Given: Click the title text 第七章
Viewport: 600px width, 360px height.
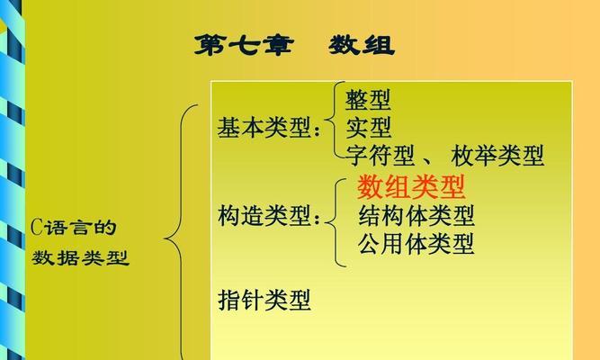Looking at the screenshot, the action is [x=244, y=45].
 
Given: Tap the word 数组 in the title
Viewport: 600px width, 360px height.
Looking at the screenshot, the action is [x=362, y=45].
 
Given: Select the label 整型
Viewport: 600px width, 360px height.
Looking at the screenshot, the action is [x=368, y=100].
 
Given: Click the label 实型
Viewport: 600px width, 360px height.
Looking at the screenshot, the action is [x=369, y=128].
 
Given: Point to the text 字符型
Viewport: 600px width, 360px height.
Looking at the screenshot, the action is [x=380, y=155].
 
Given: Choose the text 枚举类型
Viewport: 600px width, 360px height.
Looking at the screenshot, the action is [x=497, y=155].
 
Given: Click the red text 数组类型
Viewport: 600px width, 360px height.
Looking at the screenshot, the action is [x=411, y=187].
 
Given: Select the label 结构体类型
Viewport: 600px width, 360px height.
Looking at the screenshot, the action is [x=416, y=216].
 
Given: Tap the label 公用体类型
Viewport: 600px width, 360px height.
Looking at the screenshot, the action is [x=416, y=244].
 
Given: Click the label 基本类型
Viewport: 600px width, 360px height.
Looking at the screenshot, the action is [x=264, y=128].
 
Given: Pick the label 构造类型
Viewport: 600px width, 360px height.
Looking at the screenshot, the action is [x=264, y=215].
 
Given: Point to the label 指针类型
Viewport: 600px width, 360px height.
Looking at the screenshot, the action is [x=264, y=300].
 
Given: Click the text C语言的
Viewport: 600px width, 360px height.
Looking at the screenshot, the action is [x=74, y=228].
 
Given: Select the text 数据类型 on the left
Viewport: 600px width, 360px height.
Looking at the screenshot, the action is [x=80, y=257].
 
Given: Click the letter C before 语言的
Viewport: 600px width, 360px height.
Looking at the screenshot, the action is [x=36, y=228].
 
